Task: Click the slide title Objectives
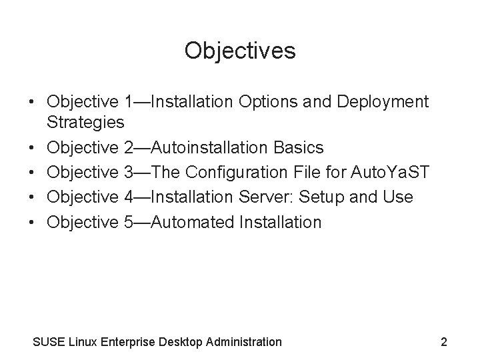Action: point(240,50)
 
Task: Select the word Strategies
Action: point(85,122)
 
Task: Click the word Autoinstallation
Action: point(217,147)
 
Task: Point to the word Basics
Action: point(300,147)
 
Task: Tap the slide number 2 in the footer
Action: point(444,342)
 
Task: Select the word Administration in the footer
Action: point(246,342)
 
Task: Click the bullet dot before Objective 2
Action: point(32,147)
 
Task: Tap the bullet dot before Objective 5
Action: point(32,222)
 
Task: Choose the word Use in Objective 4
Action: point(399,197)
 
